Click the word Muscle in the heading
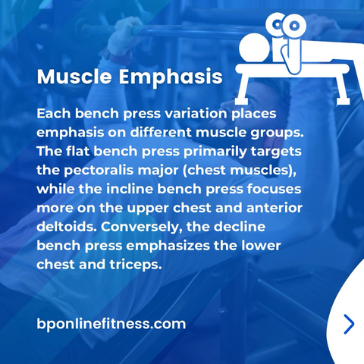pos(74,77)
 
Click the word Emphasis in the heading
pos(171,77)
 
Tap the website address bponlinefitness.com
pos(111,324)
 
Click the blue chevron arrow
pos(349,324)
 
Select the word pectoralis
pos(98,170)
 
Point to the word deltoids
pos(67,227)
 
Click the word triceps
pos(136,265)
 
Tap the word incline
pos(130,189)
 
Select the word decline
pos(240,227)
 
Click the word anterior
pos(274,208)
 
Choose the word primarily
pos(215,152)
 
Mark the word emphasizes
pos(168,246)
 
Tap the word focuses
pos(274,189)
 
